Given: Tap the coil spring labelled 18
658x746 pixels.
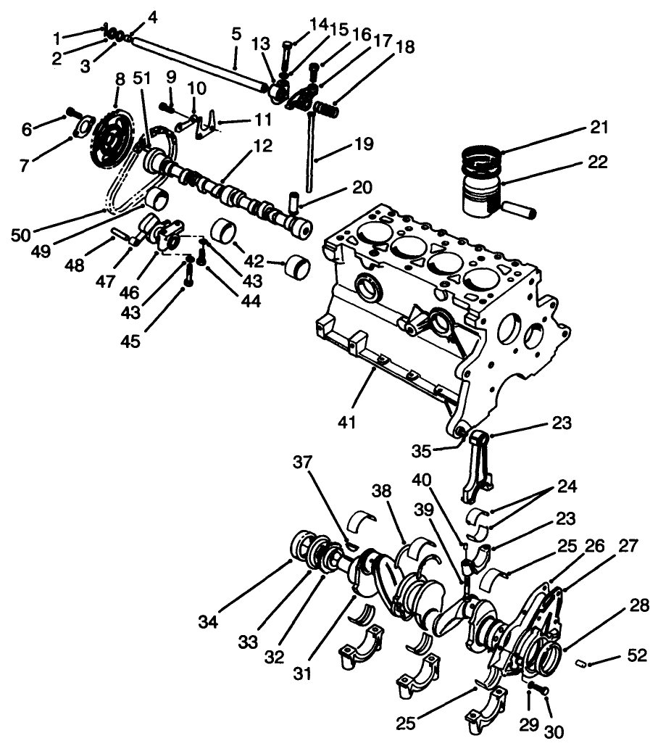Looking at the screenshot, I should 326,111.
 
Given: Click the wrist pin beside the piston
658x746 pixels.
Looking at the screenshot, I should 520,210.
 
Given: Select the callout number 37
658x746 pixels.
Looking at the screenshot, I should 303,462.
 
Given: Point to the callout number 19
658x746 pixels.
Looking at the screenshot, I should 365,145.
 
